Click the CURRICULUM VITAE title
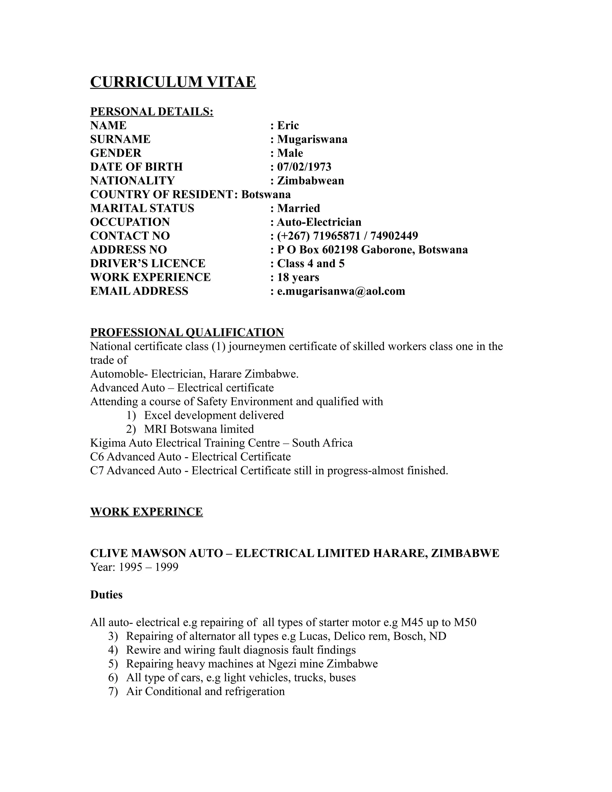click(173, 82)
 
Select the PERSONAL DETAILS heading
click(152, 111)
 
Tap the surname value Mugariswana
click(312, 139)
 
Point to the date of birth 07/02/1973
click(304, 167)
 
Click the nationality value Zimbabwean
click(310, 181)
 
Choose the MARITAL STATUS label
click(142, 208)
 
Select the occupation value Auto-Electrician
click(319, 222)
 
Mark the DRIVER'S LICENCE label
click(148, 263)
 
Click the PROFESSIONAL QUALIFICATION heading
click(187, 332)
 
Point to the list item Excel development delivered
click(214, 415)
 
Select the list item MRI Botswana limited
click(199, 429)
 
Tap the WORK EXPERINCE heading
click(146, 512)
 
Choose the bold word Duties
click(106, 595)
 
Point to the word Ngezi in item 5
click(281, 663)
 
